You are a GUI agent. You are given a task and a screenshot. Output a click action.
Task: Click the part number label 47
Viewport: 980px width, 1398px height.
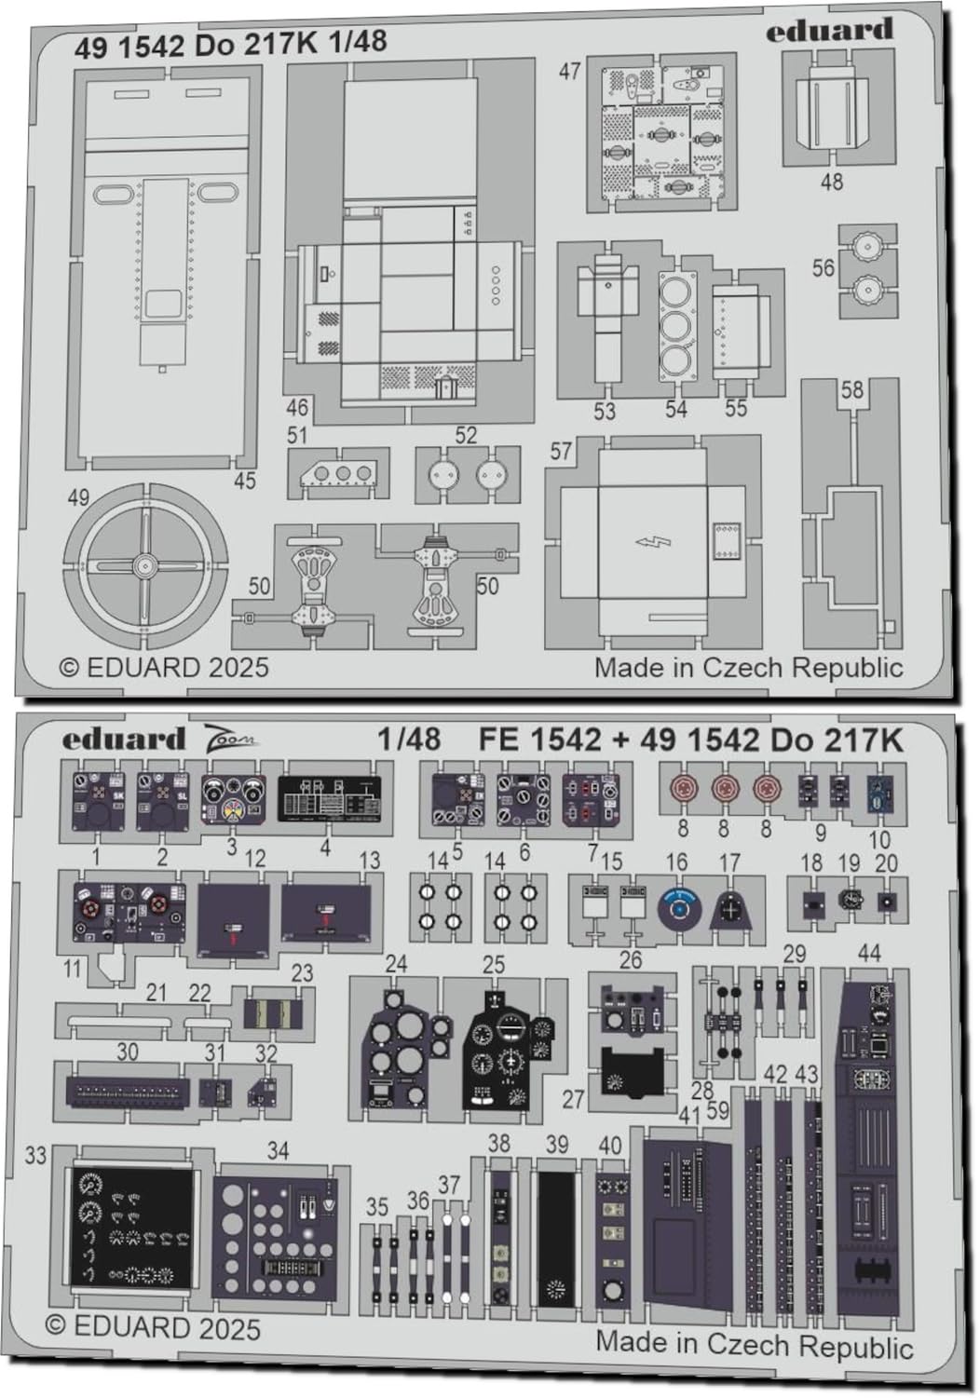[570, 72]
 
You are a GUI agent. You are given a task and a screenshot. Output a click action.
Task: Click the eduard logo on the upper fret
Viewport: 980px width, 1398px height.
[829, 33]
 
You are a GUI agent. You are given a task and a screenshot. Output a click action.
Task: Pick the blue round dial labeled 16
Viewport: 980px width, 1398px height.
[679, 906]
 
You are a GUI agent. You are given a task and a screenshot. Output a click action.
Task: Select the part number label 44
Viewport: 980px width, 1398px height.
[868, 953]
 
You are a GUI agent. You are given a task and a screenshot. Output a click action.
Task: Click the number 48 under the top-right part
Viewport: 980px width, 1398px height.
[831, 181]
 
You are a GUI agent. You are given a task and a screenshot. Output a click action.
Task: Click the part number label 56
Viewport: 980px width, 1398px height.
[823, 268]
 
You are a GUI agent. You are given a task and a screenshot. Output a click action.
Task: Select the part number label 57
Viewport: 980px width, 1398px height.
[560, 452]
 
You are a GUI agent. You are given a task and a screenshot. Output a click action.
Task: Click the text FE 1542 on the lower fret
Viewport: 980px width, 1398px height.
[539, 740]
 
